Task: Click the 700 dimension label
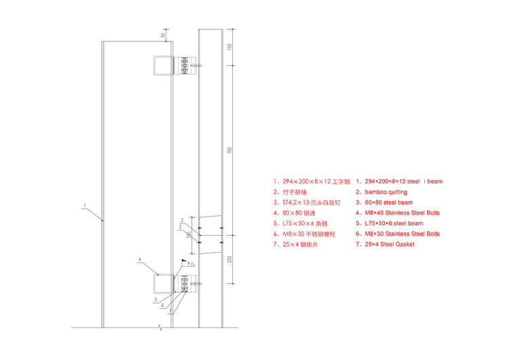229,150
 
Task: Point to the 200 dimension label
229,259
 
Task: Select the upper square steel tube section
162,65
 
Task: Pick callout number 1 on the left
84,204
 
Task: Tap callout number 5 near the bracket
155,299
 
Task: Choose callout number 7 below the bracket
170,312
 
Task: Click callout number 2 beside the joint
182,219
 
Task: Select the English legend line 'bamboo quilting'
385,192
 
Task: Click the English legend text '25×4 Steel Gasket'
389,244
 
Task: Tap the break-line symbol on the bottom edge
160,328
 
